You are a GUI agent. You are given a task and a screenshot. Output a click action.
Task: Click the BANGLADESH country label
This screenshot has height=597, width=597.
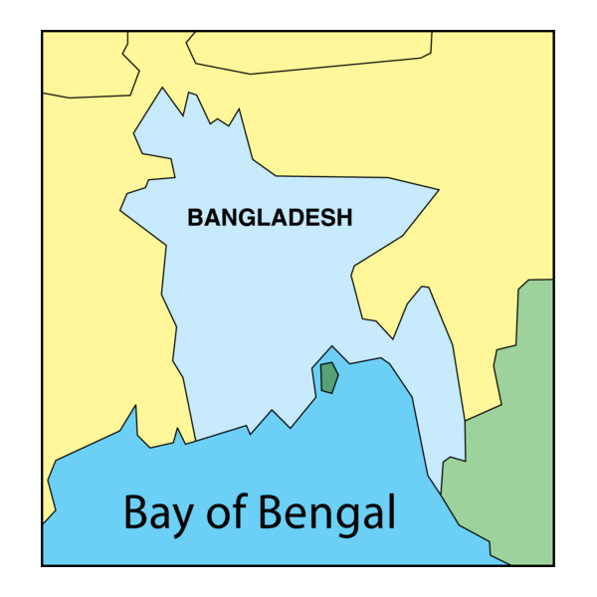pos(270,217)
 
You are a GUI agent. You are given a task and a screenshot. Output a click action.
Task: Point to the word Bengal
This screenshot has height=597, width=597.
pos(327,513)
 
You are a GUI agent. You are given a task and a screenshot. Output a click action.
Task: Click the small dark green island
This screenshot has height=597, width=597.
pos(328,378)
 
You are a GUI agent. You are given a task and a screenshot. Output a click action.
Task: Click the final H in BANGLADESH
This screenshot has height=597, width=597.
pos(344,217)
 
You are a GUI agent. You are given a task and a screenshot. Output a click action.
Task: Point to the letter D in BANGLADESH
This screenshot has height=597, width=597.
pos(295,217)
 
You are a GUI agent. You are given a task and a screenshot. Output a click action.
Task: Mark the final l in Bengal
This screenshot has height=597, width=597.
pos(391,511)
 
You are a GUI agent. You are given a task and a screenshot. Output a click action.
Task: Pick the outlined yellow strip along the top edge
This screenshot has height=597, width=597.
pos(308,50)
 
